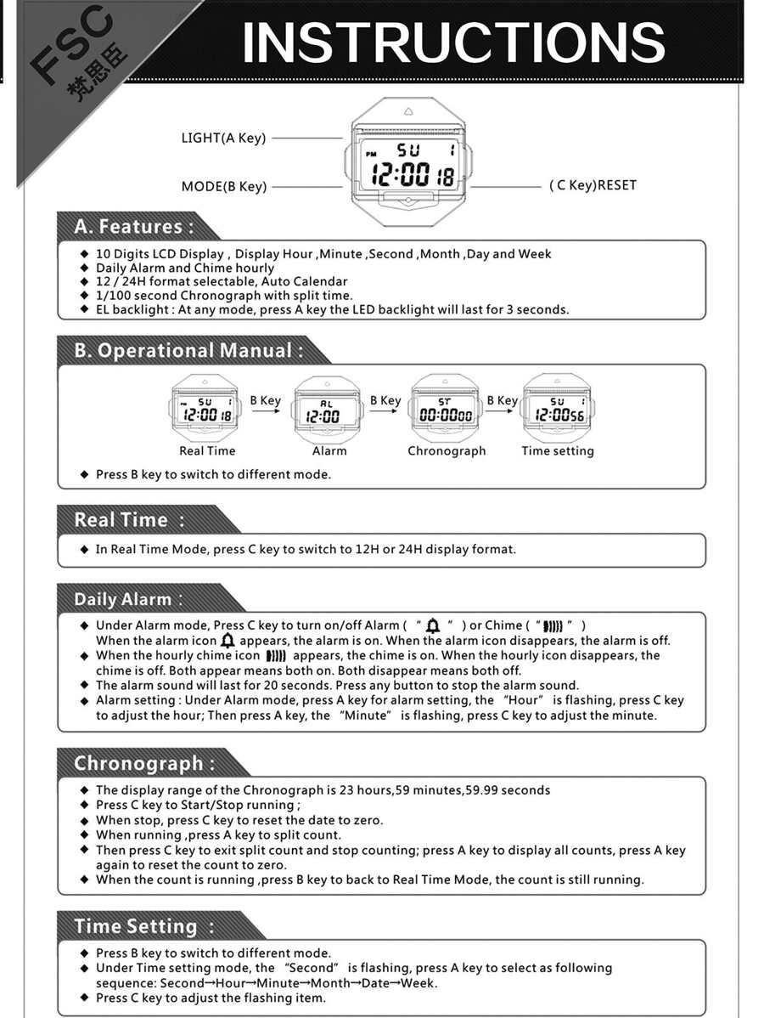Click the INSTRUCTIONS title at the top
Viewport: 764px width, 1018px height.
point(453,42)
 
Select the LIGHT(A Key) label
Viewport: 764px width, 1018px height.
point(223,138)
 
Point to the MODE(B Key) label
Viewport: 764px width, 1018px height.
point(223,186)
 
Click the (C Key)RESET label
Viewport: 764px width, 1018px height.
point(593,185)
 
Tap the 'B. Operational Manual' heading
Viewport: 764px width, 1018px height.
point(188,350)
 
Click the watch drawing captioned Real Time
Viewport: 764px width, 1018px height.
point(206,410)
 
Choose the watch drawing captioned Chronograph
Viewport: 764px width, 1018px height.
point(447,410)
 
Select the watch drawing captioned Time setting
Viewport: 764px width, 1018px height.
point(558,410)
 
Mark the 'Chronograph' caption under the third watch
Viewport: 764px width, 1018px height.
point(447,451)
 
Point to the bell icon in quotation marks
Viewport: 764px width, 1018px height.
point(433,626)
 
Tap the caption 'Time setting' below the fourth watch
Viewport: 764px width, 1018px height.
point(558,451)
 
